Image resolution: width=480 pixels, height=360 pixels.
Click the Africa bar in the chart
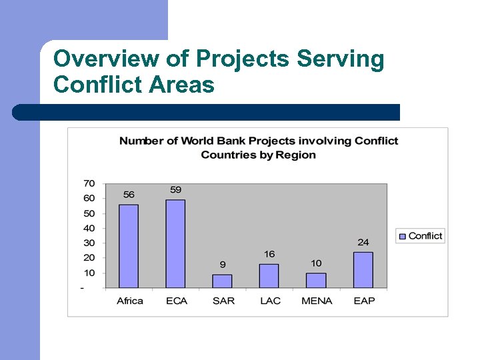[x=129, y=246]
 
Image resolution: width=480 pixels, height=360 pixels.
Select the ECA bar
[x=176, y=244]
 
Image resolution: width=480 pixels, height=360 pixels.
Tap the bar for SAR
[x=223, y=281]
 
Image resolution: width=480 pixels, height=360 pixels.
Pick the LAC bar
[x=269, y=276]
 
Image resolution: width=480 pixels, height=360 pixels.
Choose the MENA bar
[x=316, y=281]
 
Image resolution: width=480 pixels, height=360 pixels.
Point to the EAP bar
[x=363, y=270]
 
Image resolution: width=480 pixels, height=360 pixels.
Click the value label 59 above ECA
[x=176, y=190]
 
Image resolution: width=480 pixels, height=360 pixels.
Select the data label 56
[x=129, y=195]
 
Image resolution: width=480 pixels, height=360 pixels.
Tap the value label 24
[x=363, y=242]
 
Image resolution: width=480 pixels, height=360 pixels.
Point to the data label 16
[x=269, y=254]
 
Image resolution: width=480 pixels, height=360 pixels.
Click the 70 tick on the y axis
[x=89, y=183]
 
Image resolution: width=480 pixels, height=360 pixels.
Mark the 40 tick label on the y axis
[x=89, y=228]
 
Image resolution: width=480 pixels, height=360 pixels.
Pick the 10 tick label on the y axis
[x=89, y=273]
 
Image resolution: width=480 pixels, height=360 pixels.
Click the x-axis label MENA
[x=317, y=301]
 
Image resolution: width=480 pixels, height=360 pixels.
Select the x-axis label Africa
[x=130, y=301]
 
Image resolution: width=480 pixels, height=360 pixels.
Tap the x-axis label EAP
[x=364, y=301]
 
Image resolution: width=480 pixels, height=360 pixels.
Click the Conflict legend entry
[x=421, y=236]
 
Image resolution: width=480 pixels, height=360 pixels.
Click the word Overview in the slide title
[x=107, y=59]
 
